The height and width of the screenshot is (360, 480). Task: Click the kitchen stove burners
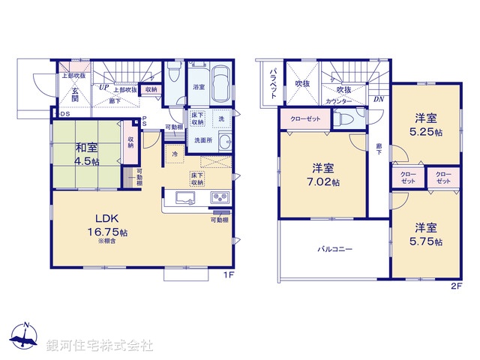coord(222,198)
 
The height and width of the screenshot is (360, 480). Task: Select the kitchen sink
coord(185,198)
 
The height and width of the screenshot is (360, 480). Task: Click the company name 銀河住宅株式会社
coord(100,346)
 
